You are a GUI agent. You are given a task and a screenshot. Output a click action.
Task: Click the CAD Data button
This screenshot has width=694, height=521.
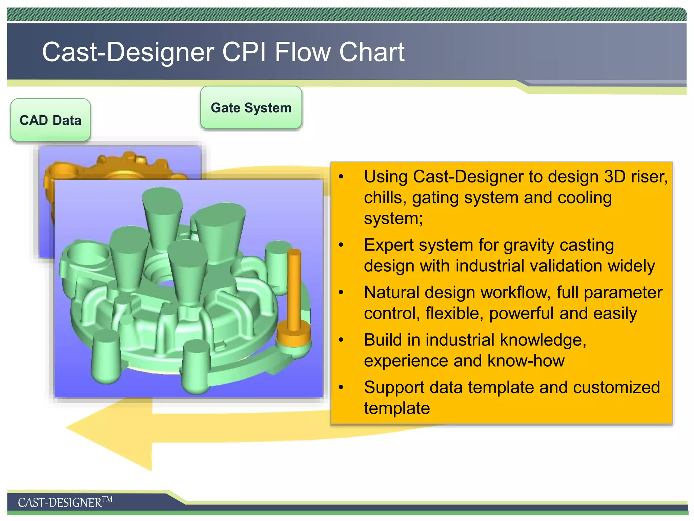coord(50,120)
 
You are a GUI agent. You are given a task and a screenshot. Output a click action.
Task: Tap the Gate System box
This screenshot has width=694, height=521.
coord(251,108)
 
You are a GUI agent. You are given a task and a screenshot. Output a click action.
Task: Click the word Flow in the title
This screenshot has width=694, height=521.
coord(302,52)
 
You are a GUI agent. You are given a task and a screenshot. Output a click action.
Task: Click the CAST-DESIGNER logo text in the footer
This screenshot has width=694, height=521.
coord(65,502)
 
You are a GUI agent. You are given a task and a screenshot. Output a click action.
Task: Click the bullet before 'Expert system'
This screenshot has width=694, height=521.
coord(341,245)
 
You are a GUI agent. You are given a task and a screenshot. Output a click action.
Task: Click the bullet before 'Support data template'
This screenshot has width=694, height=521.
coord(341,387)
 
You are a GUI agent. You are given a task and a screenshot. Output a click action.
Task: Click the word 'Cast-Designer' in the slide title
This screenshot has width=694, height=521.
coord(128,52)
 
